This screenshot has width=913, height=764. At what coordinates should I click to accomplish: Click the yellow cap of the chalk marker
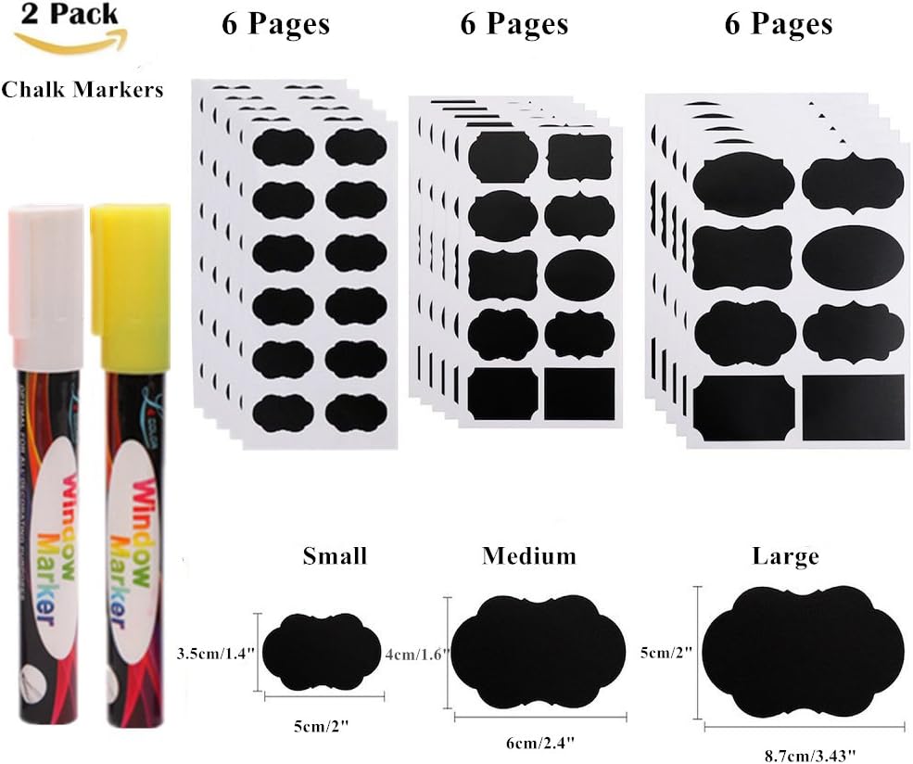[x=128, y=269]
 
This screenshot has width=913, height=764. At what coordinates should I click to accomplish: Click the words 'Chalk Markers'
[x=82, y=89]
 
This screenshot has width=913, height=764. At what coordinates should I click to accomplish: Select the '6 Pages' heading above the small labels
[x=275, y=24]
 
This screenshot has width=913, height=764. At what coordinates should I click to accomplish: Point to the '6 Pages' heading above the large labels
[x=779, y=24]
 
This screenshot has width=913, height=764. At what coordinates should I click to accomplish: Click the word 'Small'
[x=335, y=556]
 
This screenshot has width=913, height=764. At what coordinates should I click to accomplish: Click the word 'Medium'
[x=528, y=555]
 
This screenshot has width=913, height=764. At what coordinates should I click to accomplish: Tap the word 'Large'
[x=786, y=556]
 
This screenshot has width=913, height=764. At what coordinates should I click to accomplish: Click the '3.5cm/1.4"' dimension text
[x=215, y=654]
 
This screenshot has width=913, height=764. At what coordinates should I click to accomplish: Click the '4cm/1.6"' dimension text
[x=416, y=654]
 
